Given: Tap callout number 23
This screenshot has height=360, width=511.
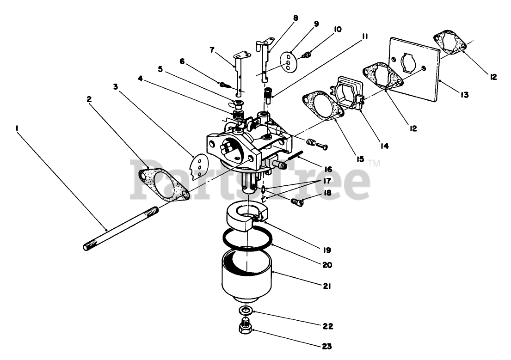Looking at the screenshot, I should [x=327, y=345].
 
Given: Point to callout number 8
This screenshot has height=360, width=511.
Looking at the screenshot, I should [x=296, y=18].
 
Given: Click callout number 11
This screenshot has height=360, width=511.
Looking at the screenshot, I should [x=365, y=36].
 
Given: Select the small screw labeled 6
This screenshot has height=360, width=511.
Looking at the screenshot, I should [x=224, y=84].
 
